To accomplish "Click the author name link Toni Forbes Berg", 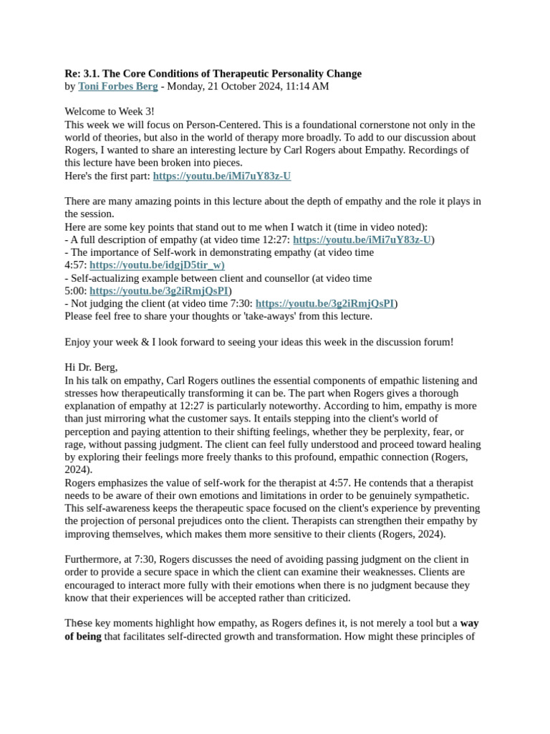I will pos(118,87).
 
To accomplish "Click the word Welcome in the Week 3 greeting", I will pos(87,112).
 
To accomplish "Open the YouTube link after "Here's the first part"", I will pos(221,176).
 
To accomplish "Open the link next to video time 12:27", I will pos(362,239).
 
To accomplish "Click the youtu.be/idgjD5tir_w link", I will pos(157,265).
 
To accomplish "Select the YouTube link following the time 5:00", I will pos(159,291).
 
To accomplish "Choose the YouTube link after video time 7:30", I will pos(324,303).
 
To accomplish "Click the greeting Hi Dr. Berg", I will pos(91,367).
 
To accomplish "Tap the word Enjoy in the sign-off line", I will pos(78,342).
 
